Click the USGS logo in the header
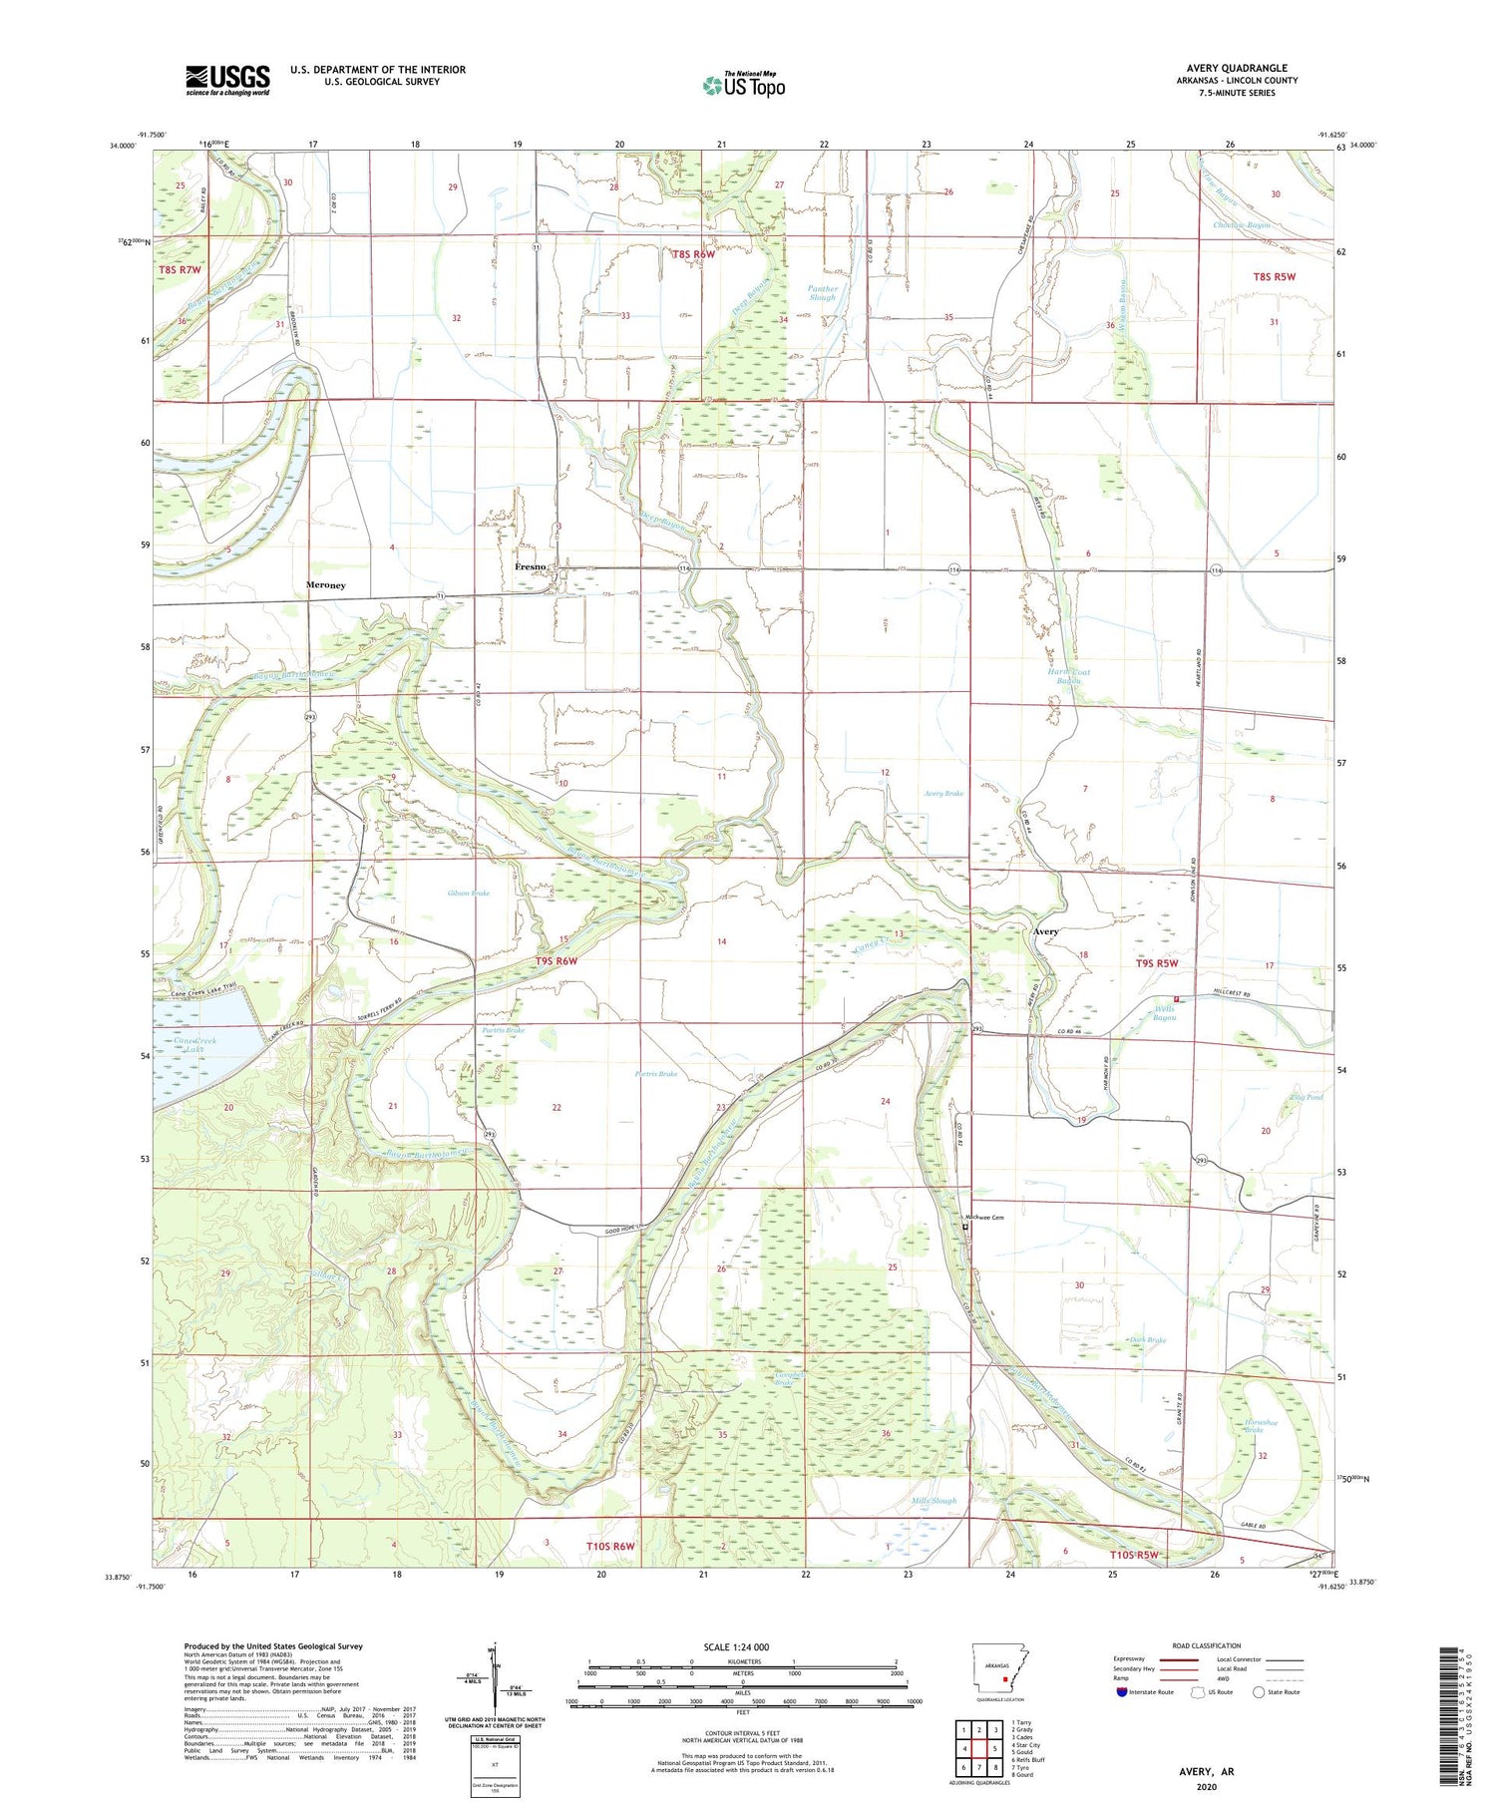point(227,80)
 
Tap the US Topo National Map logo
point(743,85)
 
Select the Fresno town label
point(530,566)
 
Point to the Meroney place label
point(325,584)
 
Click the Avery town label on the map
point(1045,931)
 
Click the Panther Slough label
point(822,293)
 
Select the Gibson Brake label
point(469,894)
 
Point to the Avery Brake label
point(942,794)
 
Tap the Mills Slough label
point(935,1501)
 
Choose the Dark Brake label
point(1148,1340)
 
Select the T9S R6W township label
point(557,960)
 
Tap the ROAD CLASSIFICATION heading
point(1206,1645)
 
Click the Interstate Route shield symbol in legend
point(1123,1692)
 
